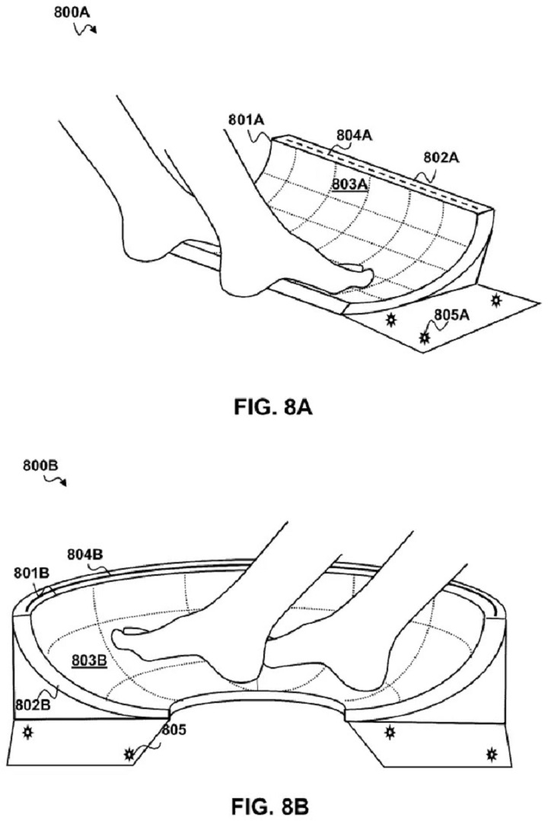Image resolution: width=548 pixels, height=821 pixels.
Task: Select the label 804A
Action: click(354, 135)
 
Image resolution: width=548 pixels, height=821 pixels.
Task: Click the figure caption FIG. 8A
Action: click(275, 409)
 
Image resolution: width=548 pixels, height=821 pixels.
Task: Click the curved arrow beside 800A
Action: click(85, 28)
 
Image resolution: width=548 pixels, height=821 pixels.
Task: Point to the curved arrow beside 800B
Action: click(56, 480)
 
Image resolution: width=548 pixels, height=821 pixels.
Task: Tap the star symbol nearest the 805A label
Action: click(425, 335)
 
